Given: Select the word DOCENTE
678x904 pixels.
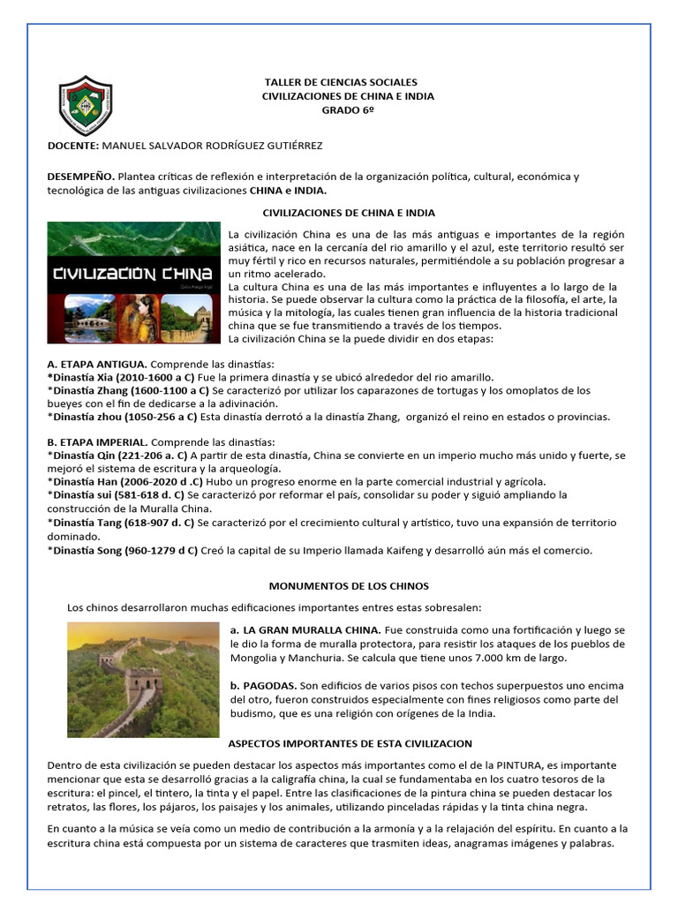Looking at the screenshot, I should (72, 144).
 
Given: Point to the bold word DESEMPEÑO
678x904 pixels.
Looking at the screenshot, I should (80, 177).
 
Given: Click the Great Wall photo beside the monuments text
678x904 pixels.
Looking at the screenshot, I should (143, 679).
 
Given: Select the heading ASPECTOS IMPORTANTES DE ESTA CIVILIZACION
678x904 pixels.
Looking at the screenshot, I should (350, 743).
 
